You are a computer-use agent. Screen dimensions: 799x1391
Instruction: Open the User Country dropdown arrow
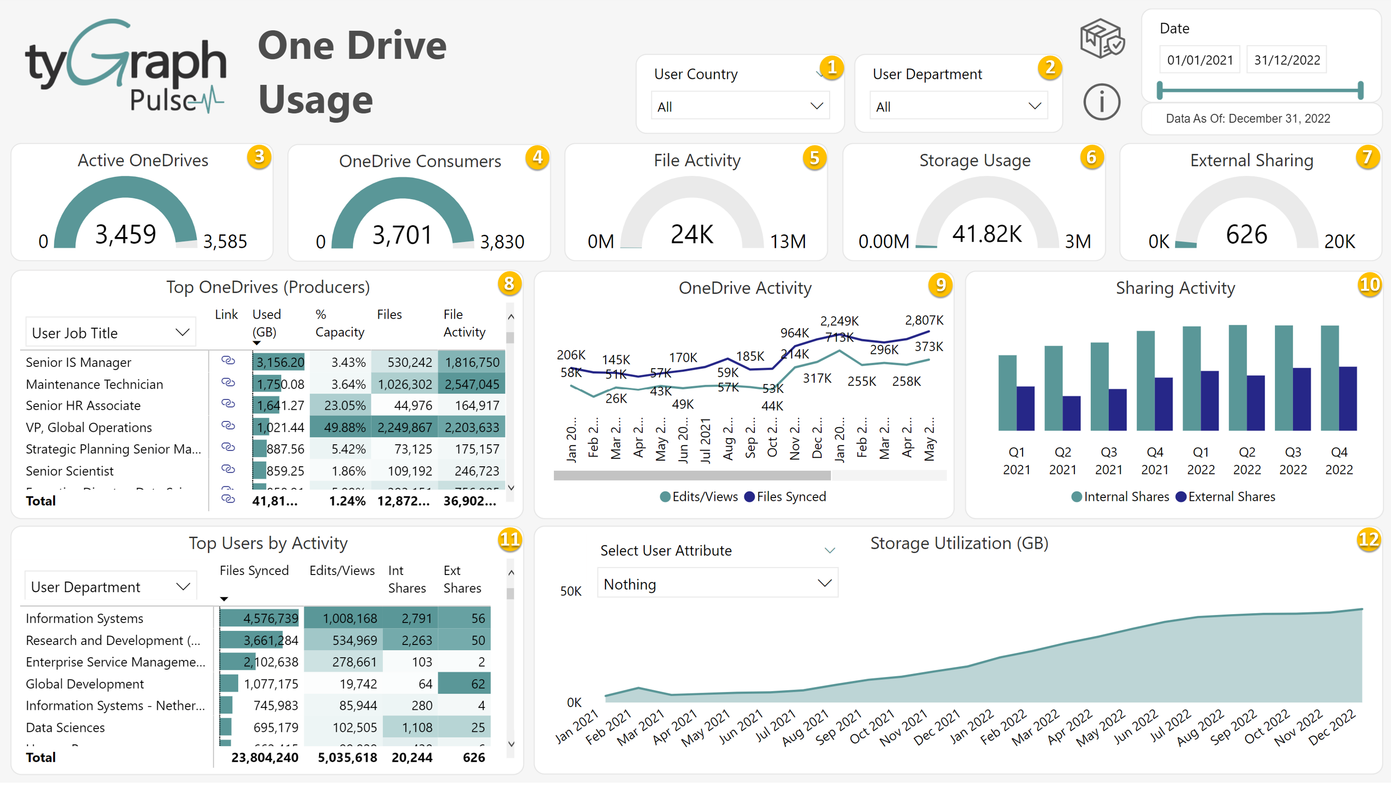click(x=817, y=106)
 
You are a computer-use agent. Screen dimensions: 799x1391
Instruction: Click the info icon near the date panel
click(x=1101, y=102)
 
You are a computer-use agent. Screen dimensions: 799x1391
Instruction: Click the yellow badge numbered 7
click(x=1367, y=157)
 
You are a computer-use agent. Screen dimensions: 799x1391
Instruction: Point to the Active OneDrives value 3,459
click(x=125, y=235)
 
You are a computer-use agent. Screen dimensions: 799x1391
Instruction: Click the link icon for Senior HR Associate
click(x=228, y=405)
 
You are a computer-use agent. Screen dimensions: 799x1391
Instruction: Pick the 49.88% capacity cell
click(x=340, y=427)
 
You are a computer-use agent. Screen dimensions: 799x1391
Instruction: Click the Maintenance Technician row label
click(x=94, y=384)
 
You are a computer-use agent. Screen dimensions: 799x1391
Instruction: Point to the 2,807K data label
click(x=924, y=320)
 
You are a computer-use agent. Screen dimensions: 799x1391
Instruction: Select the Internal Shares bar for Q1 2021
click(x=1007, y=392)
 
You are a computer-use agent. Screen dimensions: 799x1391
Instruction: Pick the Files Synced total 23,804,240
click(x=265, y=757)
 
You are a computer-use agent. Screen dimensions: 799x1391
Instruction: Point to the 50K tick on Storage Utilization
click(x=570, y=591)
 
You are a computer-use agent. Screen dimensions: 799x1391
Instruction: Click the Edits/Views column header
click(x=342, y=570)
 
